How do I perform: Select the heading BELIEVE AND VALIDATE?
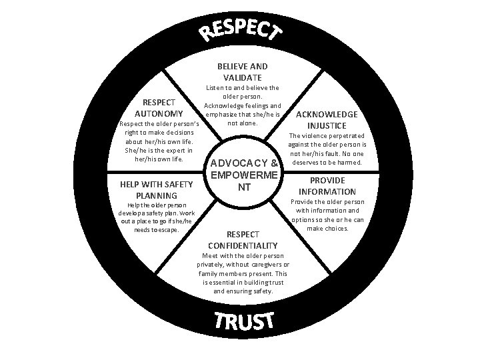coord(243,72)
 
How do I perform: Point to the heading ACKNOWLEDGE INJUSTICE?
coord(327,120)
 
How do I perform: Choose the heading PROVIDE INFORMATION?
coord(327,186)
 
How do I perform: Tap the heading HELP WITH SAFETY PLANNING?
coord(157,190)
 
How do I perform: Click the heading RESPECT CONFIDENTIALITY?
coord(243,240)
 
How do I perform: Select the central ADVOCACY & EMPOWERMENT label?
coord(244,175)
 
